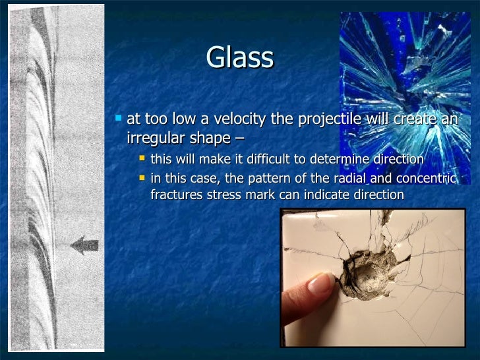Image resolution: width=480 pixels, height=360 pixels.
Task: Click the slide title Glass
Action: click(x=239, y=58)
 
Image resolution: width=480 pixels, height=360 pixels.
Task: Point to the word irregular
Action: click(x=154, y=138)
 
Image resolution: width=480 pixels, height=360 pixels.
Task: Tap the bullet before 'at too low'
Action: click(x=118, y=119)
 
